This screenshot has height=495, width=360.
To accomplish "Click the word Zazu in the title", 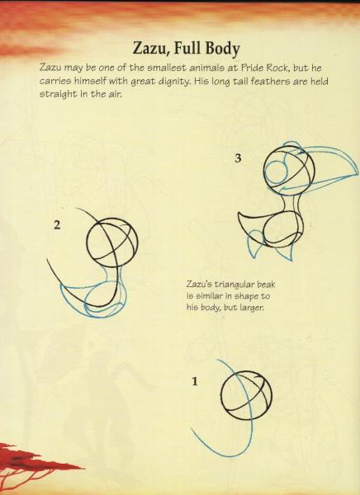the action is click(x=150, y=49).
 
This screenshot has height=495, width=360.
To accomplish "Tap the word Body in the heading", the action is click(x=223, y=49).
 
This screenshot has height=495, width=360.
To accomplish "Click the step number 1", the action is click(x=195, y=382).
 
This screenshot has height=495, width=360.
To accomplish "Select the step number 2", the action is click(x=57, y=225).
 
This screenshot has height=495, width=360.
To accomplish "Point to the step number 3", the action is click(x=239, y=158).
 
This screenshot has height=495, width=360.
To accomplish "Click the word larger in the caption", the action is click(x=252, y=307).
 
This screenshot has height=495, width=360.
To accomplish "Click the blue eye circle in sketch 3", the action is click(x=276, y=172).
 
